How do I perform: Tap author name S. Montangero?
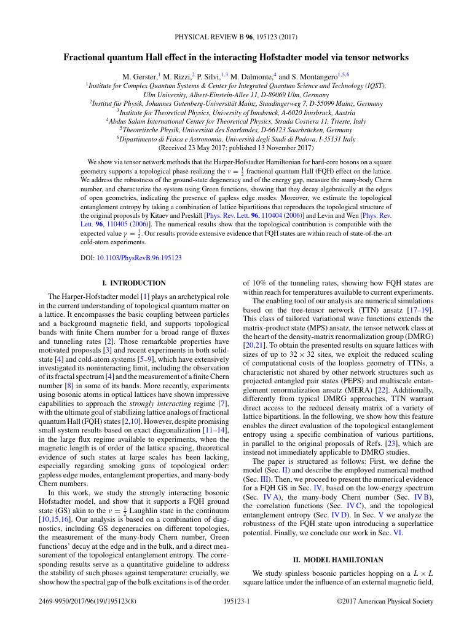click(312, 76)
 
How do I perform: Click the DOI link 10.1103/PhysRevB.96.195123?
click(139, 258)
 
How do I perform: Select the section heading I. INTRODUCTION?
click(134, 283)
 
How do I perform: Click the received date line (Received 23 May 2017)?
click(235, 148)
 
